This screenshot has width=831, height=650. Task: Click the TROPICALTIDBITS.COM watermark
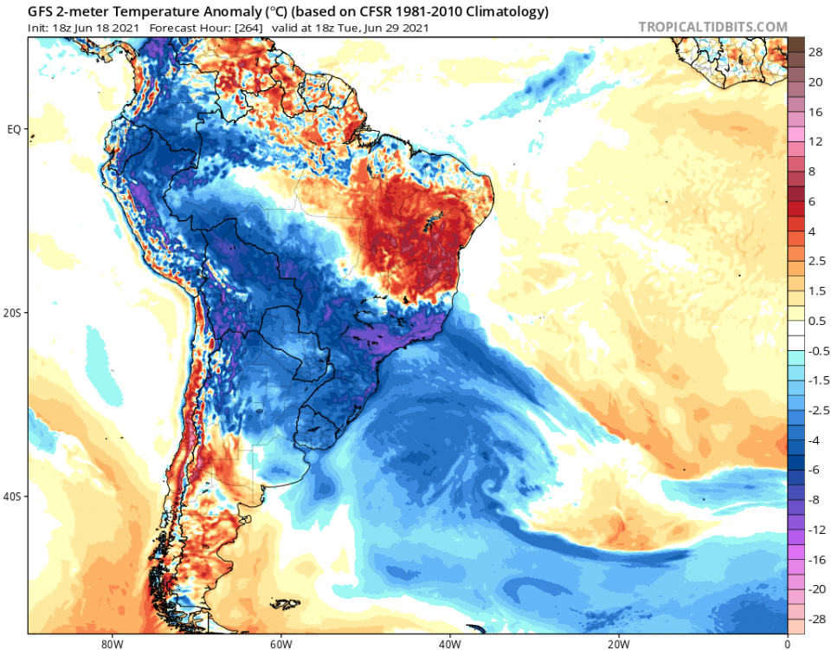712,27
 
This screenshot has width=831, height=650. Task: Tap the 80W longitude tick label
110,643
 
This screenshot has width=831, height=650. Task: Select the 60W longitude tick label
280,643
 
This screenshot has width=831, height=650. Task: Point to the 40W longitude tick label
448,643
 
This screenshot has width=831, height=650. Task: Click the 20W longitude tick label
618,643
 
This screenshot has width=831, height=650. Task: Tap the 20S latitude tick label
13,313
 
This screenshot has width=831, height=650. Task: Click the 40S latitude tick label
13,497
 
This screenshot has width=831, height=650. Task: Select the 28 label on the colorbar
815,53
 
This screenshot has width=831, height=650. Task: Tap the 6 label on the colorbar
813,201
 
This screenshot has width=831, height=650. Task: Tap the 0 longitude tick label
787,643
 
